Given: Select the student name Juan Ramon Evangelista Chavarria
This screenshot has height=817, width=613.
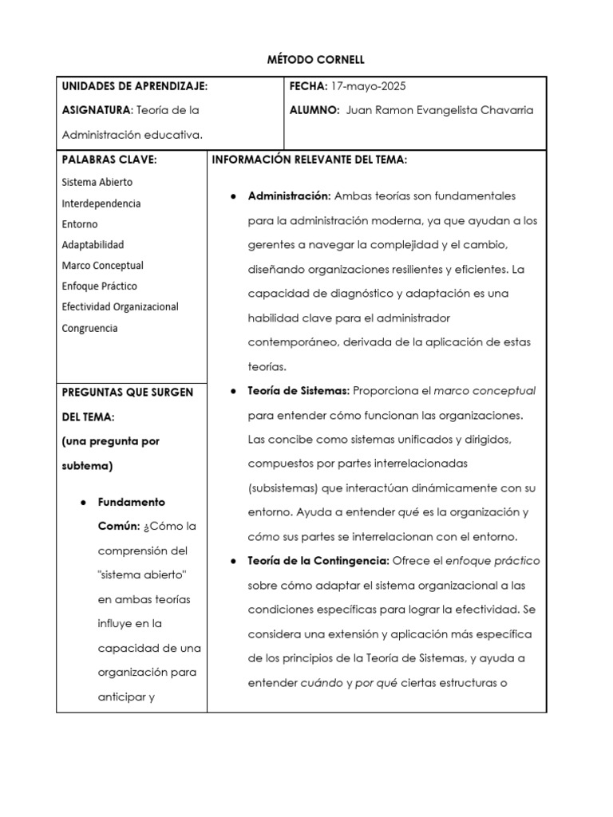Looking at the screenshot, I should [441, 110].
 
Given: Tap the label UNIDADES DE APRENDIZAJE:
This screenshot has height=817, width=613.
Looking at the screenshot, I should [135, 86].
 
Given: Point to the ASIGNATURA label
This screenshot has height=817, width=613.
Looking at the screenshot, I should [96, 110].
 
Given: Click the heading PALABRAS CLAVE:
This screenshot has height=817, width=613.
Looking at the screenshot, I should [109, 160].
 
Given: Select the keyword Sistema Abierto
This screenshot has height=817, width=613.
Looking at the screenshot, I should [97, 182].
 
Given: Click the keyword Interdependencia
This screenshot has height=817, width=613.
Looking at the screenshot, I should [101, 203].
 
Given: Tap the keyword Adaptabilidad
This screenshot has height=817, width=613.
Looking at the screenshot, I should [93, 245].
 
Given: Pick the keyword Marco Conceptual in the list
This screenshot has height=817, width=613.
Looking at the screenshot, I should [102, 266].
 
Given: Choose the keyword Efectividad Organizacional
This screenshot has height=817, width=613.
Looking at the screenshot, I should [120, 307].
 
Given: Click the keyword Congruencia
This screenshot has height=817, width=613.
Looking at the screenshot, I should [89, 328].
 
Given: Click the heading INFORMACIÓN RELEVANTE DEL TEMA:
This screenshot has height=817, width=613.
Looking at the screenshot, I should [310, 160].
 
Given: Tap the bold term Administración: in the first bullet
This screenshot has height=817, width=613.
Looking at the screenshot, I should [289, 196].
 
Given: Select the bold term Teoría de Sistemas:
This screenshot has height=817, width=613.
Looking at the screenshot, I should [299, 391].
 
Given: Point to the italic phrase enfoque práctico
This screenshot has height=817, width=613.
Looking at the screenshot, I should [490, 561].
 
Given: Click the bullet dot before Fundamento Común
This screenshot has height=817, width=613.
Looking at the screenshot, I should [84, 503].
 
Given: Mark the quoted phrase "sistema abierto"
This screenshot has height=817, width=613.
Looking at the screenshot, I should [136, 575].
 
